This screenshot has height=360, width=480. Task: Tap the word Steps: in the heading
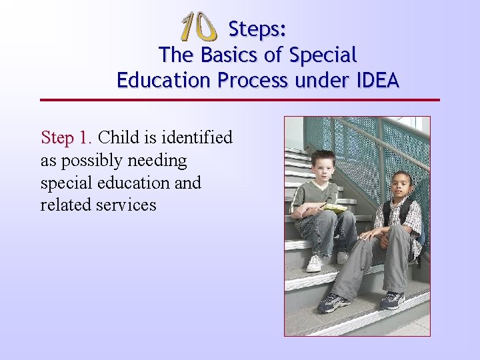pos(257,29)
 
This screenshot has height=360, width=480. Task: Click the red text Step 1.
pos(67,138)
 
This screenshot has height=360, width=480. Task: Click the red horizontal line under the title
pos(240,100)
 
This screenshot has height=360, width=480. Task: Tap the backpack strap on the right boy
pos(387,213)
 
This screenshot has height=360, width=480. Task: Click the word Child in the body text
pos(119,138)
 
